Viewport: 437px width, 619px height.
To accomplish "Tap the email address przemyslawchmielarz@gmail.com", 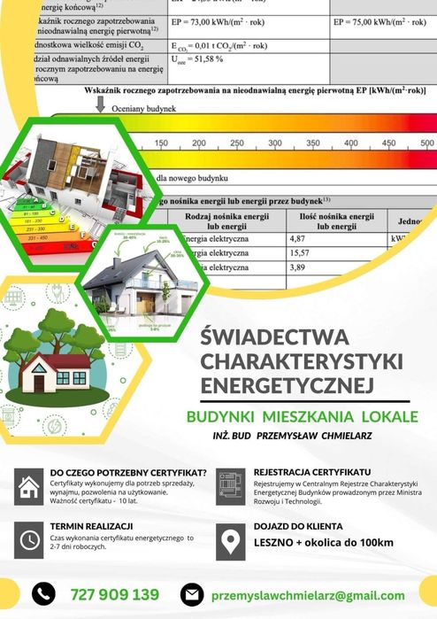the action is pos(308,595).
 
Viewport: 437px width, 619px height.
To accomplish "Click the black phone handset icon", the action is pos(43,593).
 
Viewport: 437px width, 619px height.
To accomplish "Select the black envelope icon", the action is pos(192,594).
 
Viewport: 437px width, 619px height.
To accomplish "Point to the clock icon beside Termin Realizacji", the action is pos(30,538).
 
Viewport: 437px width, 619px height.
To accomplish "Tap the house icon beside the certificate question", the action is pos(30,485).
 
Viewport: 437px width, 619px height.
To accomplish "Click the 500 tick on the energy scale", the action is pos(426,143).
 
